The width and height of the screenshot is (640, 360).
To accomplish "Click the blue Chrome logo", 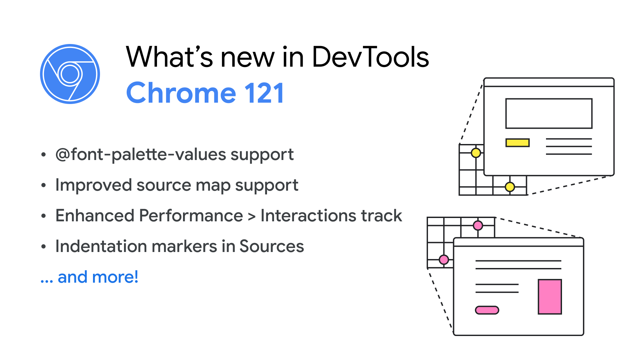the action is pos(70,74).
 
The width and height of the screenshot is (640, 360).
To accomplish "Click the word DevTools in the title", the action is pos(370,57).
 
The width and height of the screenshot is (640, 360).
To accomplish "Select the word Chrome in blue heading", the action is pos(181,93).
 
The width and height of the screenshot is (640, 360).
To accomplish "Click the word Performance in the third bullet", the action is pos(191,216).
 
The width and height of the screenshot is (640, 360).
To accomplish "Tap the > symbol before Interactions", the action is pos(252,217).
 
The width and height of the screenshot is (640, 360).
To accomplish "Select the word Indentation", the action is pos(101,246).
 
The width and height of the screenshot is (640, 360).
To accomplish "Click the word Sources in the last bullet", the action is pos(272,246).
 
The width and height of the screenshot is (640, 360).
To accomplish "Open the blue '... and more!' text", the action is pos(89,277).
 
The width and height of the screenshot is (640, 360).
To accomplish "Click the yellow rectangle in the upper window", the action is pos(517,143).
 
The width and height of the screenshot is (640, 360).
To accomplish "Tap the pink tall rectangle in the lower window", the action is pos(550,297).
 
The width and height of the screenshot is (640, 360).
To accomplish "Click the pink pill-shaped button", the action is pos(487,310).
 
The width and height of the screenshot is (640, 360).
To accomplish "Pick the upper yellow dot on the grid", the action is pos(476,153).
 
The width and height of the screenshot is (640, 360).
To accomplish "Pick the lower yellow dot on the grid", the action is pos(510,187).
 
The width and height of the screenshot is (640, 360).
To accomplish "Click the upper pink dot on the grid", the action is pos(478,226).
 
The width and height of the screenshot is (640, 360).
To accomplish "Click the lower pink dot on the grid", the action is pos(444,260).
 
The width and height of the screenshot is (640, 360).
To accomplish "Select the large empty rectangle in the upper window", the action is pos(549,99).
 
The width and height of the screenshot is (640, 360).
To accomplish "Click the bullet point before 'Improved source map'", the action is pos(43,185).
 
